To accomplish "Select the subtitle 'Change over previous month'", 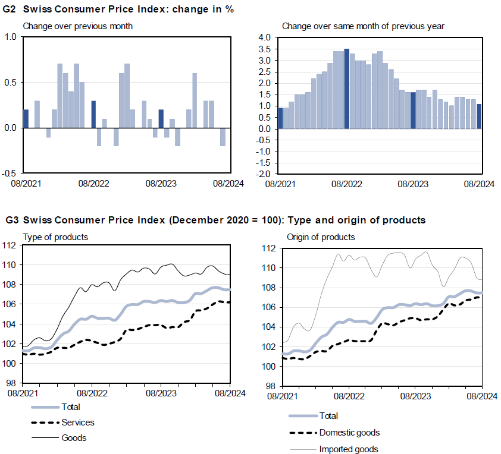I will coord(77,26).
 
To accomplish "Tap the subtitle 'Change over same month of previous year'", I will coord(363,26).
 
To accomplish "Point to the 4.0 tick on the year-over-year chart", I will coord(265,37).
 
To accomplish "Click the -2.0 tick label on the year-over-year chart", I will coord(264,174).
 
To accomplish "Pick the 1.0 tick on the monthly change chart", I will coord(11,37).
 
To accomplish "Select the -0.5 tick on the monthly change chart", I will coord(10,174).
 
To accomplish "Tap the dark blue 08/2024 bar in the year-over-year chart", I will coord(480,116).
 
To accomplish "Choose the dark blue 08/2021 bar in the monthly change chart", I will coord(26,119).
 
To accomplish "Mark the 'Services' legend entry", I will coord(77,423).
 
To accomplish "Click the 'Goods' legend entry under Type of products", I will coord(74,438).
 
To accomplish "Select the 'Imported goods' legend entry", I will coord(349,449).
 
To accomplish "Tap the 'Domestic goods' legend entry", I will coord(349,433).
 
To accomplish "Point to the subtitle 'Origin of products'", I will coord(321,237).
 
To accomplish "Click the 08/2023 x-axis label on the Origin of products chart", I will coord(414,395).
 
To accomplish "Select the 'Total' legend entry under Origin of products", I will coord(328,416).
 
